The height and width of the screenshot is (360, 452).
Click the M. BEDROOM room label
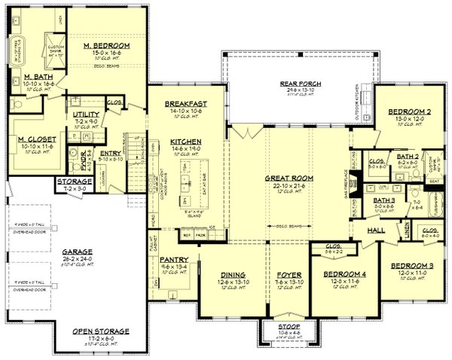click(x=107, y=46)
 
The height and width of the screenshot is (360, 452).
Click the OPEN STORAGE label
click(x=100, y=331)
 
